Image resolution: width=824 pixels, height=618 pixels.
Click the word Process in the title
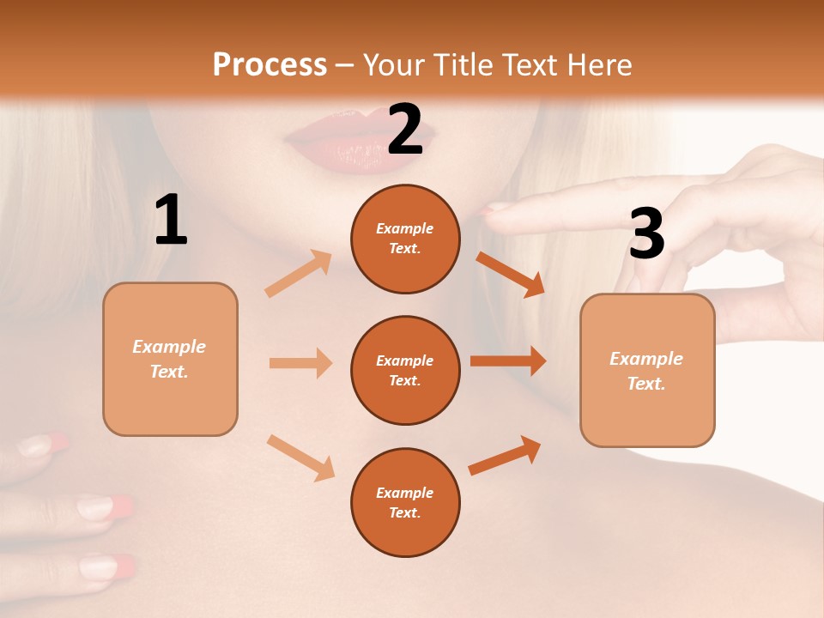click(x=270, y=64)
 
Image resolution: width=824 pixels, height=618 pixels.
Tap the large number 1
click(x=171, y=221)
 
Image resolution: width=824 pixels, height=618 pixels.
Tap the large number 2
click(x=404, y=130)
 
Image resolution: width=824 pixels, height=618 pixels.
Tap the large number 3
click(x=646, y=234)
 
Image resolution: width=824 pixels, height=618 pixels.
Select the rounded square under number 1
click(x=170, y=359)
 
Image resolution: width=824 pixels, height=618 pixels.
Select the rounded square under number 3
click(x=647, y=371)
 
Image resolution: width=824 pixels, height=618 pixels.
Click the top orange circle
click(x=405, y=239)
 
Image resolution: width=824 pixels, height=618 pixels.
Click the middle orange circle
click(x=405, y=371)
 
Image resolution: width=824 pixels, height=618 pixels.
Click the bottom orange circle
click(x=405, y=503)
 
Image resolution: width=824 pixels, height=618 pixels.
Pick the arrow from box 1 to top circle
click(x=299, y=274)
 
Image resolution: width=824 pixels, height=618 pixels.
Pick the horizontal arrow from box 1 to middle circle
click(x=300, y=363)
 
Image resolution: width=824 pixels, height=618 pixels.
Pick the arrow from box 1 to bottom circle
click(x=300, y=457)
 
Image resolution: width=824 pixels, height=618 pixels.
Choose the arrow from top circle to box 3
click(x=510, y=274)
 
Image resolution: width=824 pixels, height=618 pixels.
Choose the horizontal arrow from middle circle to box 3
click(x=508, y=361)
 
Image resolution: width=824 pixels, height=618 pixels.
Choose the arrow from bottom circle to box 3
click(x=505, y=456)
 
